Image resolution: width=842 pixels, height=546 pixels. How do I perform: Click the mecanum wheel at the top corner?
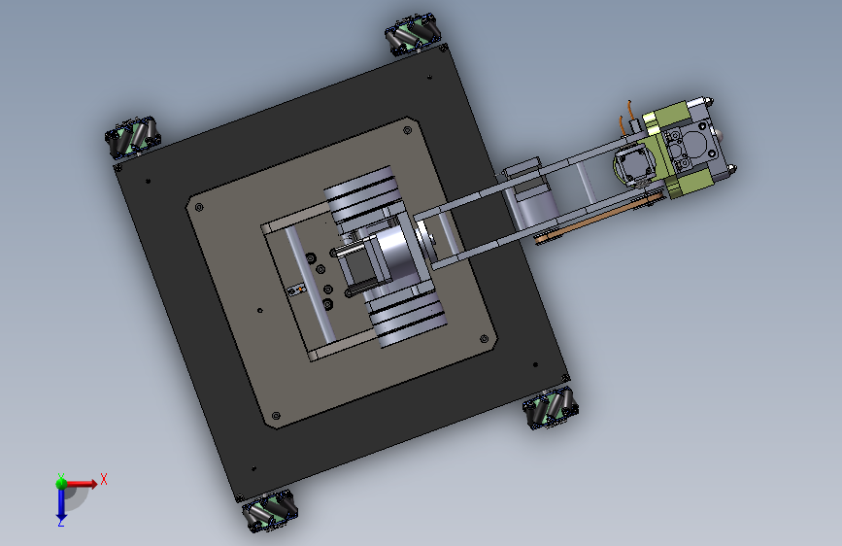412,35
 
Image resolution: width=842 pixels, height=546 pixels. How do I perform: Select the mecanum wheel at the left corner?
133,137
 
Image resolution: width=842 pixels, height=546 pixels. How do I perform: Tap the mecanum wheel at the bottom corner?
270,510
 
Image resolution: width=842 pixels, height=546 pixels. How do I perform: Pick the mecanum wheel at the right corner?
551,408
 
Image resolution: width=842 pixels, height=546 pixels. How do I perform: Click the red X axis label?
104,479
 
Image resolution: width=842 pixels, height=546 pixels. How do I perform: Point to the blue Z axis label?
61,522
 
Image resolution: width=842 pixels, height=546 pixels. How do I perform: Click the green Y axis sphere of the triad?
61,483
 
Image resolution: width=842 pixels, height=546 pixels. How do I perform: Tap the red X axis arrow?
81,484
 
